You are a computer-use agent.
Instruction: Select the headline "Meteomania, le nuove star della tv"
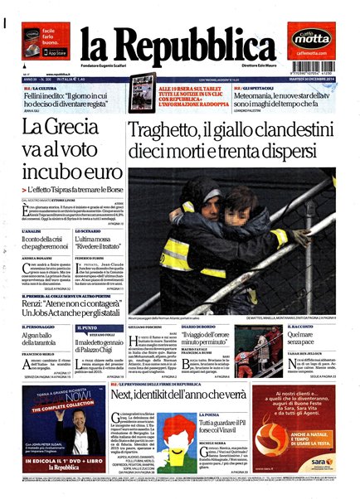tap(287, 97)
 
